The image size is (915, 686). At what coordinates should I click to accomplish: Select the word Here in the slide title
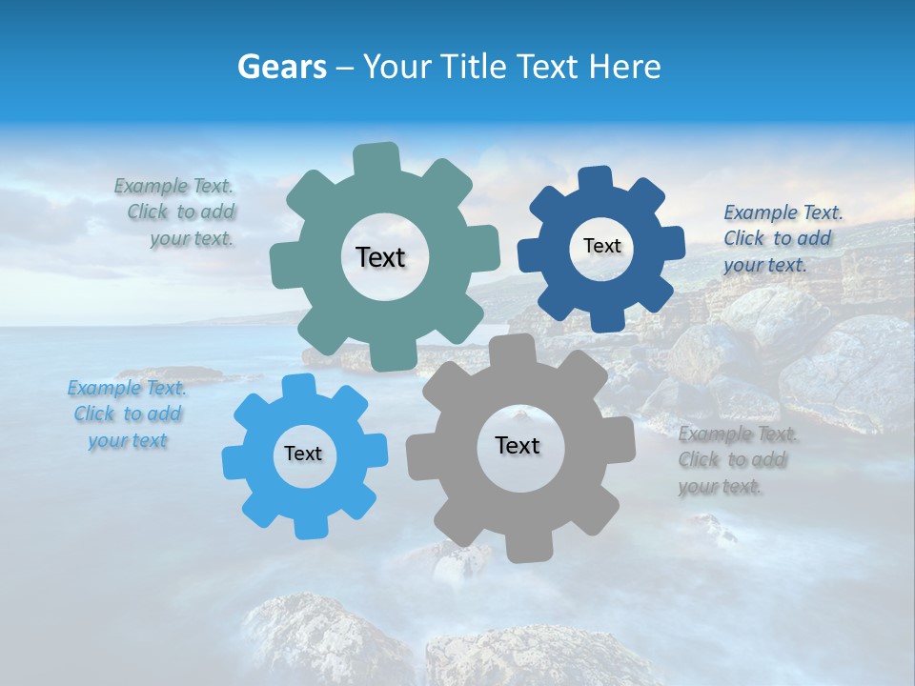point(623,67)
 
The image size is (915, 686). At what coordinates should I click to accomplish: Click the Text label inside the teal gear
point(380,257)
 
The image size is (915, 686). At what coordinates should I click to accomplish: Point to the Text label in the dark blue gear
point(601,246)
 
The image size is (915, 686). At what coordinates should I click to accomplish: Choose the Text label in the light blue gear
point(303,454)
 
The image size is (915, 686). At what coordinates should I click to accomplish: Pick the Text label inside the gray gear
point(518,445)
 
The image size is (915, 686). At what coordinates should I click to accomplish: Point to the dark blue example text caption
point(782,238)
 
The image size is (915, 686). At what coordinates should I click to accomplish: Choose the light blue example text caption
point(127,414)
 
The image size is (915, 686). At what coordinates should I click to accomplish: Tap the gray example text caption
point(736,460)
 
